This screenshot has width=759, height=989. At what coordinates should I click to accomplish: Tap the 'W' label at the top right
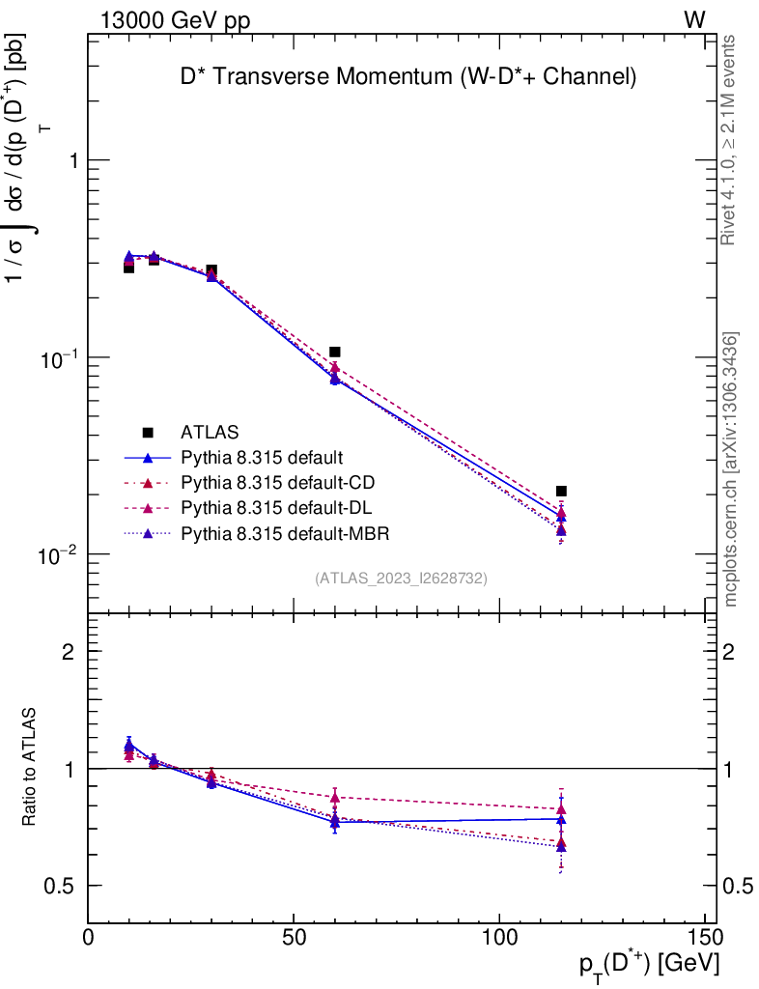694,20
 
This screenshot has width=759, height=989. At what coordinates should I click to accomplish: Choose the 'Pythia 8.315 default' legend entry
263,457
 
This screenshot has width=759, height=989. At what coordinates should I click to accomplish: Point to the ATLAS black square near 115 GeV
561,491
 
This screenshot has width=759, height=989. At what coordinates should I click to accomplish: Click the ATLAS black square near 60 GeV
335,353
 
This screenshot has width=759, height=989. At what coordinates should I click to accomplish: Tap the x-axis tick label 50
294,937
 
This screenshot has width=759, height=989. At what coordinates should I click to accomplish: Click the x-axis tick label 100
499,937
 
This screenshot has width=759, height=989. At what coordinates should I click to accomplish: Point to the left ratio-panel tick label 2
68,651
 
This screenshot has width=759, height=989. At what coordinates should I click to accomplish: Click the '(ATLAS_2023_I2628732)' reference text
401,579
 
